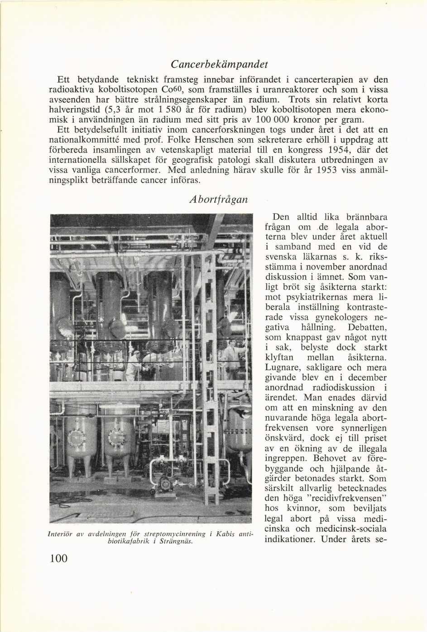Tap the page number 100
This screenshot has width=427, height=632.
[58, 559]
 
